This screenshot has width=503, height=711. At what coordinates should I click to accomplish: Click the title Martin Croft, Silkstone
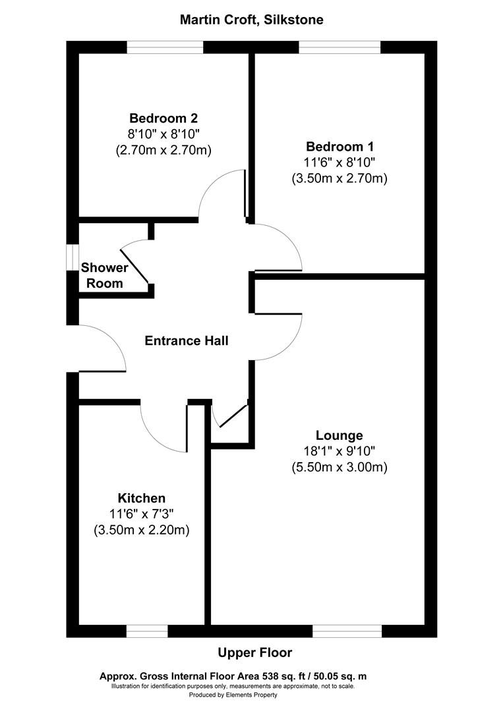[x=251, y=20]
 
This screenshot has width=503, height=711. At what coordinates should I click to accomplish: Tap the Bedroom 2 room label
[x=163, y=118]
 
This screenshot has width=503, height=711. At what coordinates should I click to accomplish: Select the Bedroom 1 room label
[x=339, y=146]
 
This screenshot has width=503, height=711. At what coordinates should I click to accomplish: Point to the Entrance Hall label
[x=187, y=340]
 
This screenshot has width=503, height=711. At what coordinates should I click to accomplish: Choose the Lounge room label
[x=339, y=435]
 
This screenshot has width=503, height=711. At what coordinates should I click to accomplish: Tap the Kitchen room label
[x=142, y=498]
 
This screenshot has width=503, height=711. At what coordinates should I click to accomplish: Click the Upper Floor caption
[x=254, y=652]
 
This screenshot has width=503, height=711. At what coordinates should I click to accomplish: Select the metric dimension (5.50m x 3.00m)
[x=339, y=467]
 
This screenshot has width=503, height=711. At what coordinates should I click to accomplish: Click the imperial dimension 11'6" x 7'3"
[x=142, y=514]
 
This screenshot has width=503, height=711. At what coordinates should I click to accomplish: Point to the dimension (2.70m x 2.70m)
[x=163, y=150]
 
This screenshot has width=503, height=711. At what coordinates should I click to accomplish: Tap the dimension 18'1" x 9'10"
[x=339, y=452]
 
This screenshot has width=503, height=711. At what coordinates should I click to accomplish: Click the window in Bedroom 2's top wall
[x=165, y=47]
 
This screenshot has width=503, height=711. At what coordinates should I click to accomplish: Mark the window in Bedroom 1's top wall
[x=340, y=47]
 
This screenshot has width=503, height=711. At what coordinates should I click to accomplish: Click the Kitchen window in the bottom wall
[x=147, y=631]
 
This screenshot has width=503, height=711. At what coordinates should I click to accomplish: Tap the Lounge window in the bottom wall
[x=347, y=631]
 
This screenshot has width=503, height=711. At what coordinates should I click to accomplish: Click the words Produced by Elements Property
[x=233, y=695]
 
